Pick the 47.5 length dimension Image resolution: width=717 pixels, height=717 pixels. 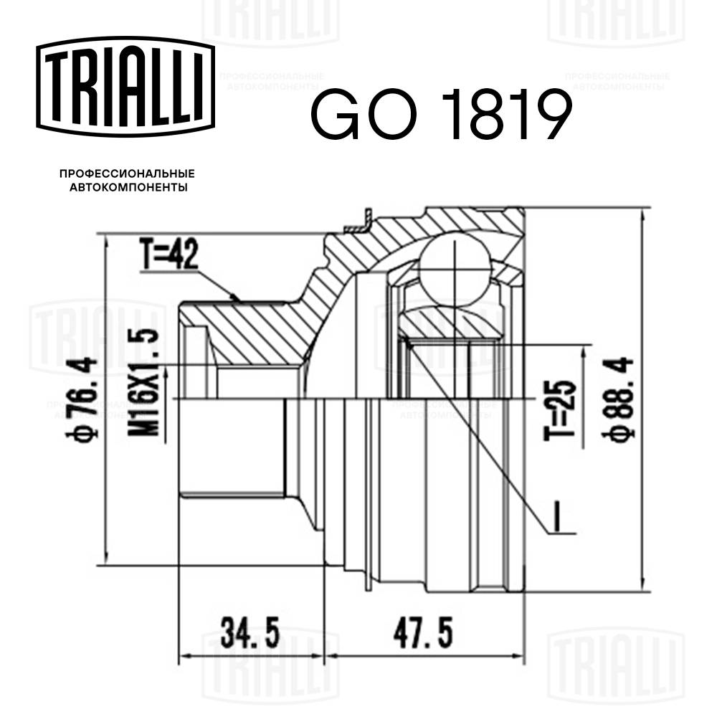click(x=426, y=635)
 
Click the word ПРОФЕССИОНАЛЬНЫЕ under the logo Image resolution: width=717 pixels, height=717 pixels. click(x=127, y=174)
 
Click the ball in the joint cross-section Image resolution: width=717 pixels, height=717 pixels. click(x=455, y=265)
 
